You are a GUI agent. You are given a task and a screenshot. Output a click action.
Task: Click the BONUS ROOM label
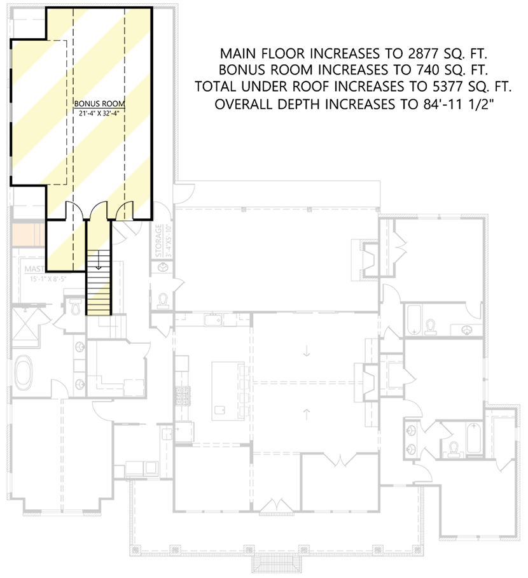99,103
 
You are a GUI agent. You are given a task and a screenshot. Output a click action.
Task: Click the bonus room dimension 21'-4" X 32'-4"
99,112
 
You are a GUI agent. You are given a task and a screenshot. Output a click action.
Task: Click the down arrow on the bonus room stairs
99,265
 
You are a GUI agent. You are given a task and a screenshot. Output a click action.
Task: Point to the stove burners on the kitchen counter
182,397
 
